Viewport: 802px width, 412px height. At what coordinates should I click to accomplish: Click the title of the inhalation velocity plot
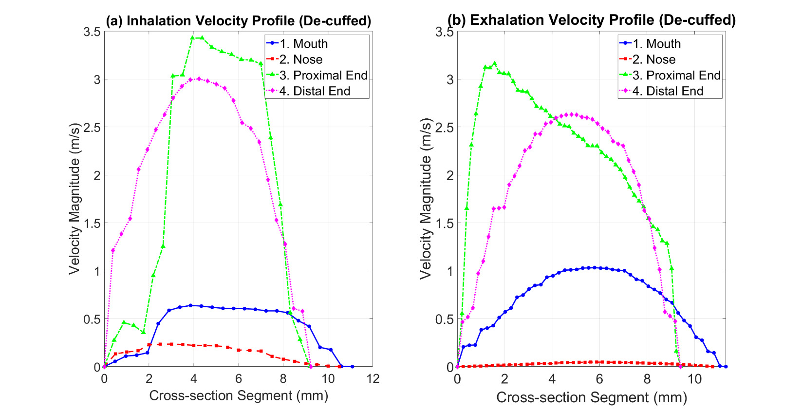pyautogui.click(x=238, y=21)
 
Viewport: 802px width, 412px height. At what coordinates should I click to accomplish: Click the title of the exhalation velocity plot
pyautogui.click(x=591, y=20)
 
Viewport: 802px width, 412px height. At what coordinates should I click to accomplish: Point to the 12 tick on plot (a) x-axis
pyautogui.click(x=373, y=379)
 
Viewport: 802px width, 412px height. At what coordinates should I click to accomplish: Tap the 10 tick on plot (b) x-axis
pyautogui.click(x=694, y=379)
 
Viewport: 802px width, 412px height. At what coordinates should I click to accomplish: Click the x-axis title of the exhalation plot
pyautogui.click(x=591, y=397)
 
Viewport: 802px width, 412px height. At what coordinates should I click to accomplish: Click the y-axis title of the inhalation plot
pyautogui.click(x=74, y=199)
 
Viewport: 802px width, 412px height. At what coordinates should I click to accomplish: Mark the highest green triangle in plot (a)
pyautogui.click(x=192, y=37)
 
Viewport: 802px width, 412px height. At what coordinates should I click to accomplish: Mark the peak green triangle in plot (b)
pyautogui.click(x=495, y=63)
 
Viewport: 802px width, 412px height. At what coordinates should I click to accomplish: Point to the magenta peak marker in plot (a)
pyautogui.click(x=198, y=78)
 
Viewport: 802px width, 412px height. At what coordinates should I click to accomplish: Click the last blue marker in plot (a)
pyautogui.click(x=352, y=366)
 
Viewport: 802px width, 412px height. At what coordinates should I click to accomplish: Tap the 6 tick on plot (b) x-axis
pyautogui.click(x=599, y=379)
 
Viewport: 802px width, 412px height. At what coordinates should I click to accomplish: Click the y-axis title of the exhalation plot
pyautogui.click(x=426, y=199)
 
